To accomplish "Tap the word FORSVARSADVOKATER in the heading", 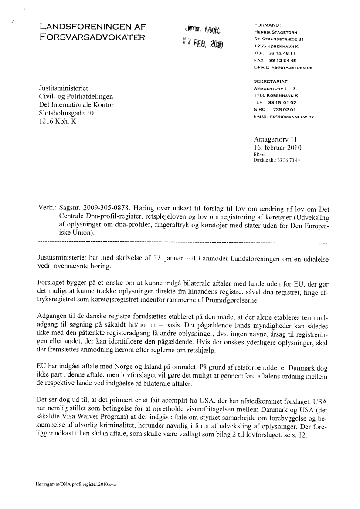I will click(92, 37).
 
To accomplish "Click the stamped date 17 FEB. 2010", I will click(203, 44).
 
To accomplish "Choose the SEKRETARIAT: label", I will click(272, 81).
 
